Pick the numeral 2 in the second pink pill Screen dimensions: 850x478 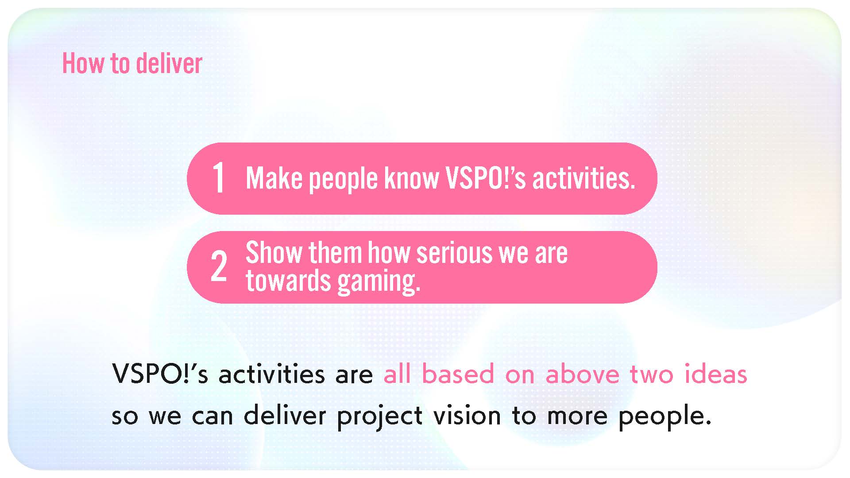(x=219, y=266)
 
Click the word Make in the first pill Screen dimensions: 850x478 (x=274, y=178)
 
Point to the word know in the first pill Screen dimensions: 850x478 (x=411, y=178)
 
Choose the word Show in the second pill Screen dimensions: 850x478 (x=274, y=253)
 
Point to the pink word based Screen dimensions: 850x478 (x=458, y=374)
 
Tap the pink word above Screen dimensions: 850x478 (x=582, y=374)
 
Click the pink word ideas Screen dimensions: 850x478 (x=716, y=374)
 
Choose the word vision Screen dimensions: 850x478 (x=467, y=416)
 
